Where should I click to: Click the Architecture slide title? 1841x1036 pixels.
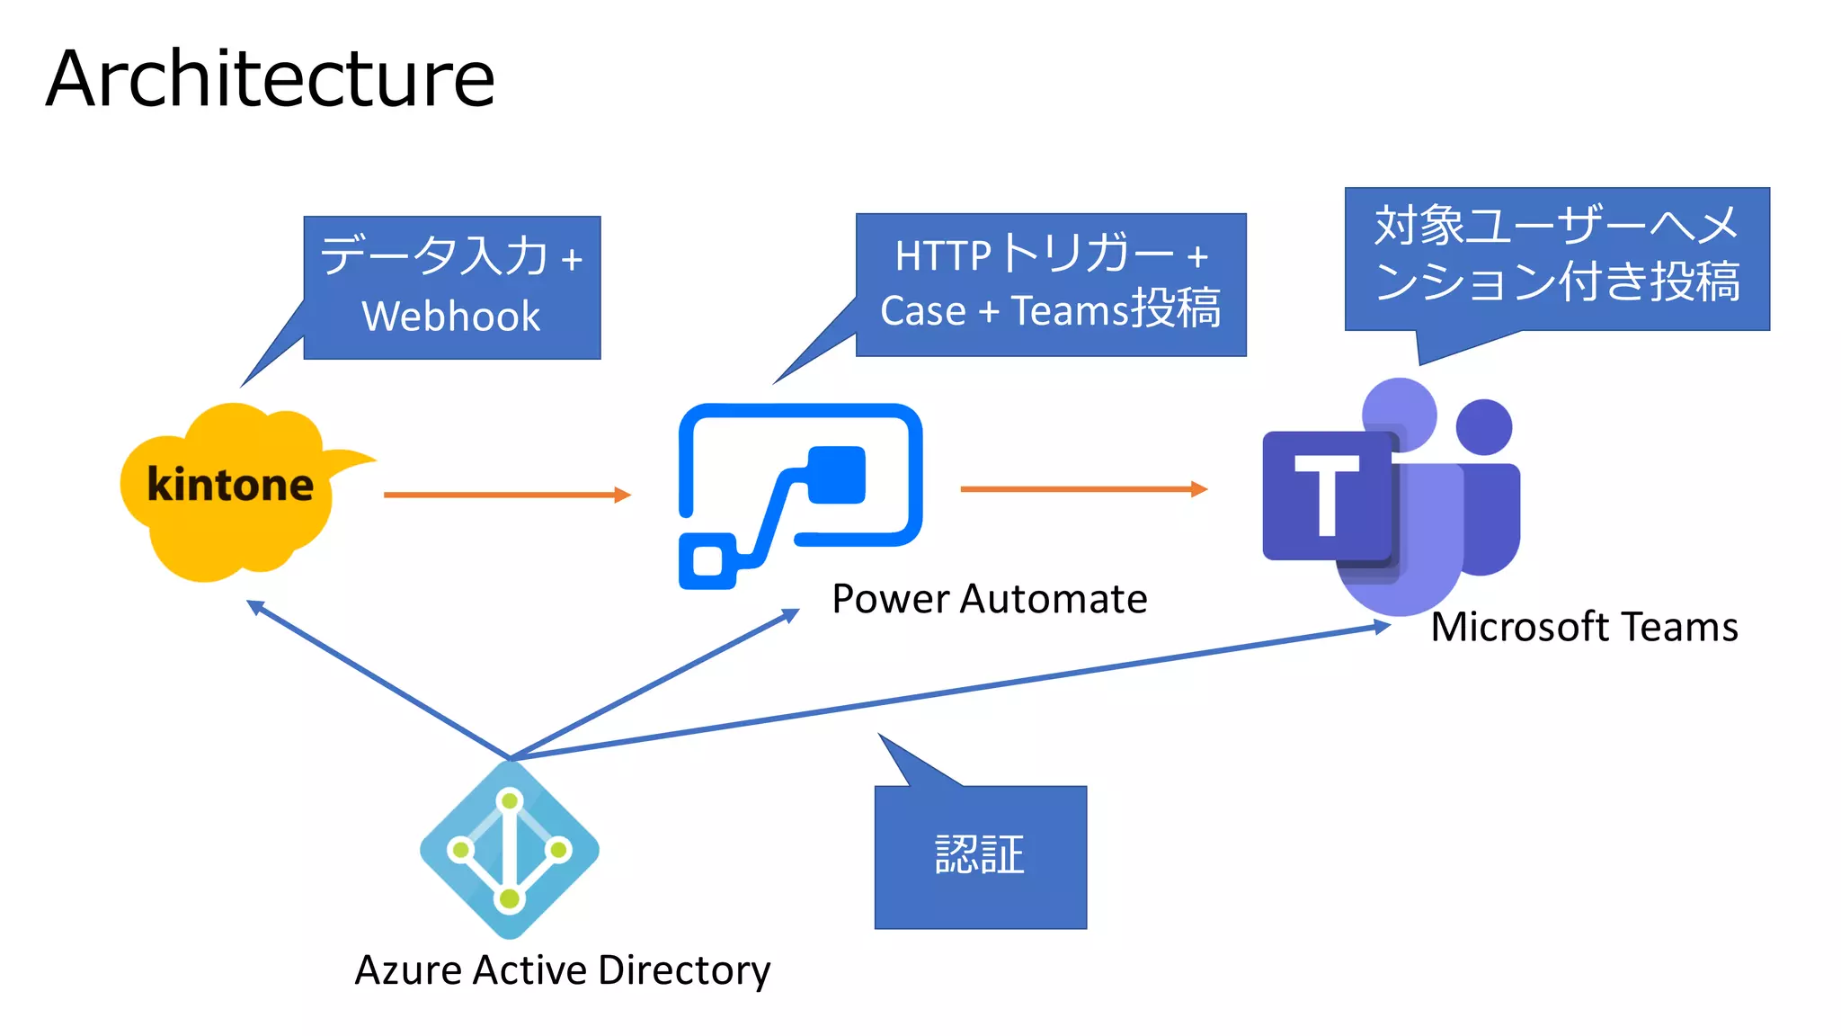pos(270,79)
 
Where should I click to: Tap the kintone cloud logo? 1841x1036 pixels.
pos(230,490)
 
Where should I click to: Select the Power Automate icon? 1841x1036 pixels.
pos(800,495)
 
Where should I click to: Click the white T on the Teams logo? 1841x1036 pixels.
pos(1326,495)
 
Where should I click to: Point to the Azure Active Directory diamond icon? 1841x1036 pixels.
pos(510,850)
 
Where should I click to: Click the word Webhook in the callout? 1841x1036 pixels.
pos(451,317)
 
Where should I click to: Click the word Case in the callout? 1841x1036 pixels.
pos(922,311)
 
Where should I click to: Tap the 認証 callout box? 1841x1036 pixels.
pos(980,856)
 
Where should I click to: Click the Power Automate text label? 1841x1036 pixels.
pos(989,599)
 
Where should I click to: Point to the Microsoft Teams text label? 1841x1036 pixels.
pos(1584,627)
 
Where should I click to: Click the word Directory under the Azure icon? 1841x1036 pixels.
pos(684,970)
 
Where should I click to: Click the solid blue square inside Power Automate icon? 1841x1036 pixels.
pos(837,475)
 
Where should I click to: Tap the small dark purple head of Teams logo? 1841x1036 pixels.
pos(1484,426)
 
